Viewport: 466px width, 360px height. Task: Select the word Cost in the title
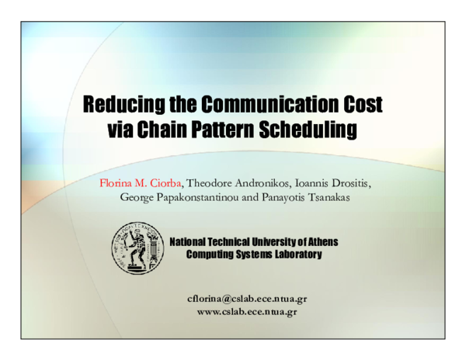pos(363,104)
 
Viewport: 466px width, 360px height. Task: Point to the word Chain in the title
pos(160,129)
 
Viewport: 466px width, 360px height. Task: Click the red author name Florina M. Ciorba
pos(141,182)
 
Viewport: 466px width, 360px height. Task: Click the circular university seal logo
pos(137,245)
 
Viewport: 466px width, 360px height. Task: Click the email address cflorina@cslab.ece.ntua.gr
pos(247,299)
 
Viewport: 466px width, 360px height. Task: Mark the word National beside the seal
pos(191,241)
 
